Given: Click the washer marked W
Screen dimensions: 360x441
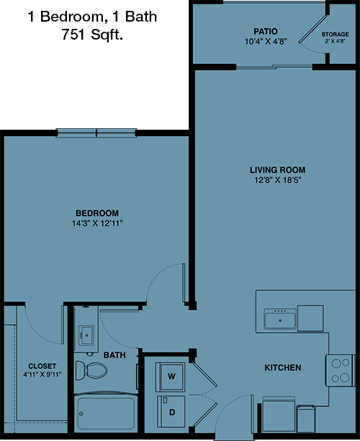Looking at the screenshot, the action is pyautogui.click(x=171, y=377).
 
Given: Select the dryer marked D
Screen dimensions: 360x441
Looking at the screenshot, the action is pyautogui.click(x=171, y=411).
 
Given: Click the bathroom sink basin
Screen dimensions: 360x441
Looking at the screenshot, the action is pyautogui.click(x=86, y=335).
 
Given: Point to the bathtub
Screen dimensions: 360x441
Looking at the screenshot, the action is pyautogui.click(x=106, y=413).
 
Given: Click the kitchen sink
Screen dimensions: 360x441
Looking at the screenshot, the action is pyautogui.click(x=280, y=319).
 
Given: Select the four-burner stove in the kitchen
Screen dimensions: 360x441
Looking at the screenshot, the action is pyautogui.click(x=341, y=370).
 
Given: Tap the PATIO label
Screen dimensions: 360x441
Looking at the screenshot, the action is pyautogui.click(x=266, y=31).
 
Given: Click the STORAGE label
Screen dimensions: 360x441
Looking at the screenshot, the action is pyautogui.click(x=336, y=35).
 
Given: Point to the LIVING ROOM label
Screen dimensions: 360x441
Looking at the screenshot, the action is pyautogui.click(x=278, y=170).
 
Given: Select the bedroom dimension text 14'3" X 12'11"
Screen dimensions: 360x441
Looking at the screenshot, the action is pyautogui.click(x=97, y=223).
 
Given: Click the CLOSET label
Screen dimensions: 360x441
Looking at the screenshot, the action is pyautogui.click(x=42, y=366).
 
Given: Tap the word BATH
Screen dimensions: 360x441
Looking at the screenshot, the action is pyautogui.click(x=114, y=355).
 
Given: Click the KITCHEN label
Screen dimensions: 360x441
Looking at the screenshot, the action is pyautogui.click(x=283, y=367).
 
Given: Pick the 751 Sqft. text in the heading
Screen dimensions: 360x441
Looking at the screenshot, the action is pyautogui.click(x=92, y=35).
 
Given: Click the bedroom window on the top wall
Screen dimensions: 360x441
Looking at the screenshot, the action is pyautogui.click(x=96, y=133).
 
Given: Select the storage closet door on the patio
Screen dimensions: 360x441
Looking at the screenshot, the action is pyautogui.click(x=312, y=30).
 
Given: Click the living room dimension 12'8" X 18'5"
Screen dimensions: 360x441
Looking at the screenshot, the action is pyautogui.click(x=278, y=180).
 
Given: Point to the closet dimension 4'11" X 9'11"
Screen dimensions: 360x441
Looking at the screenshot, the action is pyautogui.click(x=42, y=375).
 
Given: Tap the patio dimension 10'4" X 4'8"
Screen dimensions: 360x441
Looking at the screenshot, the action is pyautogui.click(x=266, y=42).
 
